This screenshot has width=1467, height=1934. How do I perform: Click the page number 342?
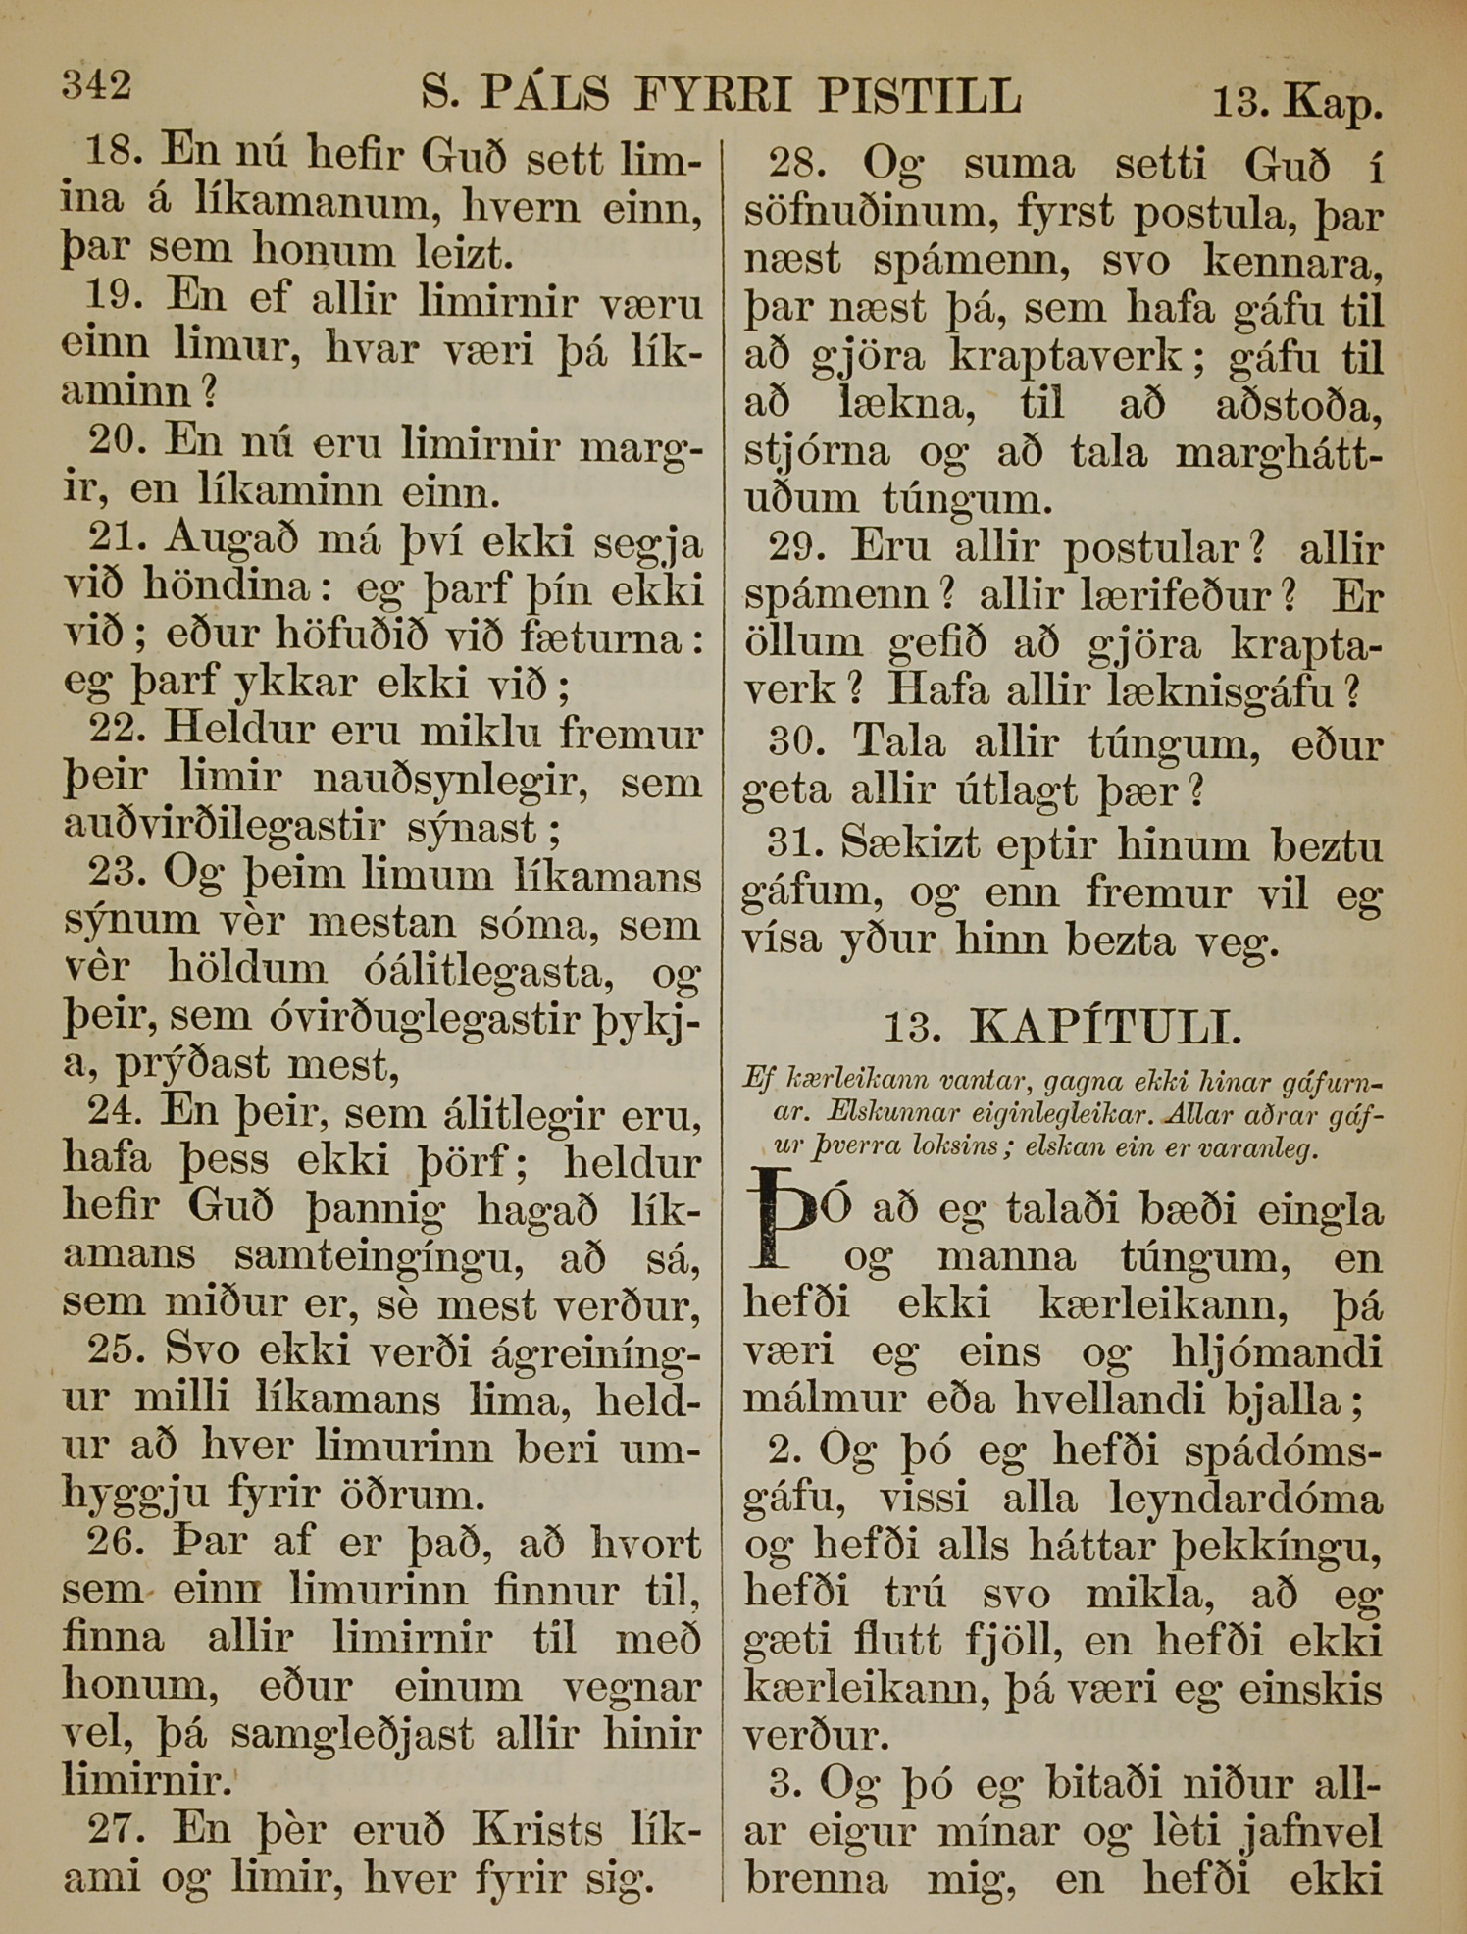96,86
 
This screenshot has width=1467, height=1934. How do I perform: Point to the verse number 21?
117,538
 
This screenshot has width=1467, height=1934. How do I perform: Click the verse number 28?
795,163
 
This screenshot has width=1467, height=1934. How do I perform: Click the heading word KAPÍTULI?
1105,1028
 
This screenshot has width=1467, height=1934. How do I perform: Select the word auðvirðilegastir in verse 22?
224,826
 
